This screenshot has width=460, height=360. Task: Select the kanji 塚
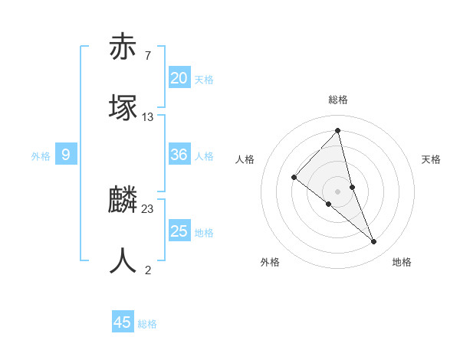pos(123,108)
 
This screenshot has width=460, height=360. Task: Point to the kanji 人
pos(123,261)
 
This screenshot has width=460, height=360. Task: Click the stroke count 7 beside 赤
pos(148,55)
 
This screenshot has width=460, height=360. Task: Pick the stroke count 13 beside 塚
pos(148,116)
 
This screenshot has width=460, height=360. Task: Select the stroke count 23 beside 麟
pos(148,208)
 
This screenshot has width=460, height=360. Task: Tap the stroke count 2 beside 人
pos(148,270)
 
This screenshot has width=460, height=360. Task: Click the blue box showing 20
pos(179,77)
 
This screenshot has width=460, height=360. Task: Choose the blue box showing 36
pos(179,155)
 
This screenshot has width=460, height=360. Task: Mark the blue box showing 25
pos(179,231)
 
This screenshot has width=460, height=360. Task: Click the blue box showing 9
pos(66,155)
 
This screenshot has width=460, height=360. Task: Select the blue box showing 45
pos(123,322)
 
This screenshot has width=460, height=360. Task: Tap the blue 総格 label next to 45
pos(147,324)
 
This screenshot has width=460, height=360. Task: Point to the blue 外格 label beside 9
pos(41,156)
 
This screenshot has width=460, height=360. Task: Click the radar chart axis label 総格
pos(338,100)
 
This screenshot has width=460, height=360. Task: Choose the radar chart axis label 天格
pos(432,159)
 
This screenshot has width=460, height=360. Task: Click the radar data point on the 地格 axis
pos(374,242)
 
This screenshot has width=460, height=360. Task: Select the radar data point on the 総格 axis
pos(338,131)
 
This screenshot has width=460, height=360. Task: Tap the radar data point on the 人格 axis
pos(294,178)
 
